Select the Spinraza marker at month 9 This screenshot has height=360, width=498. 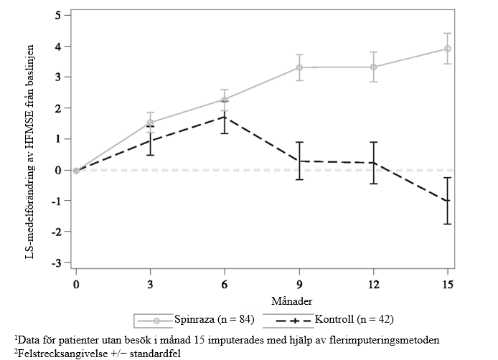point(299,67)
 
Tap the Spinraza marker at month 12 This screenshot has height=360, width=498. point(374,67)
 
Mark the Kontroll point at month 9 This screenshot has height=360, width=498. point(299,161)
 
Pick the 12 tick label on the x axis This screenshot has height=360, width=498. point(374,285)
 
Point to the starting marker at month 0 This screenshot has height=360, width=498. point(76,170)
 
